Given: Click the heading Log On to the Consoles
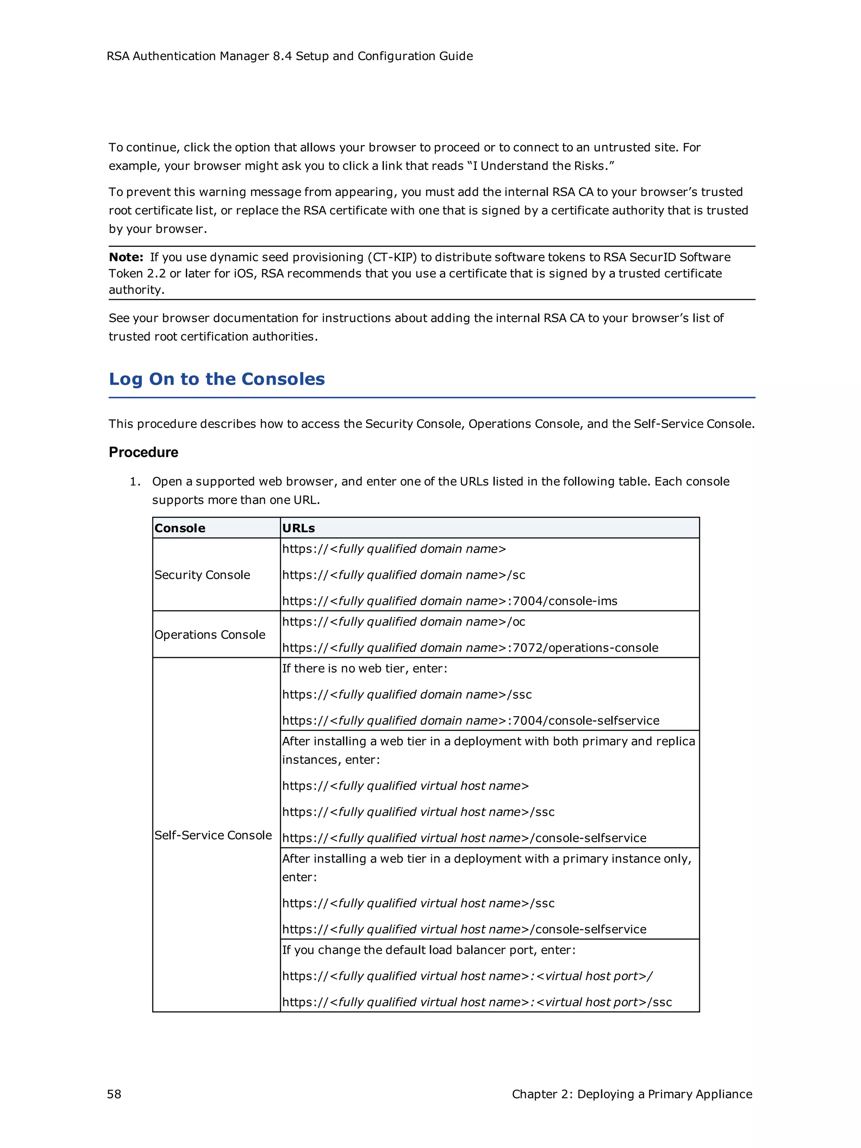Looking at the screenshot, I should point(217,380).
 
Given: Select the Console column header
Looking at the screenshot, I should point(180,528).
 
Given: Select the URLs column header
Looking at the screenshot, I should point(298,528).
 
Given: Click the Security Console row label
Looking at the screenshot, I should point(202,575).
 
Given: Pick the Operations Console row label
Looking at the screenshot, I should point(210,634).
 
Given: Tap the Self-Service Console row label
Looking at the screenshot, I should point(213,835).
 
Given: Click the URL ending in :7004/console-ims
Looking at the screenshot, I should point(449,601).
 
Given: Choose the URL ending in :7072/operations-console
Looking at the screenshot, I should point(470,648).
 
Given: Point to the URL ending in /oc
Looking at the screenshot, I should point(403,622).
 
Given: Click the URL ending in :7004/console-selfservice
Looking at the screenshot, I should point(470,720).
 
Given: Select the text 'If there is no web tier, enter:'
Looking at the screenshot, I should point(364,668).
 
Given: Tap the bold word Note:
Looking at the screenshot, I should point(126,257).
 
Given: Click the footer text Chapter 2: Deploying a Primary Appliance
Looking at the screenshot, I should point(631,1094).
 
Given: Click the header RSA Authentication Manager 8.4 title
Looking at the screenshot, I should point(289,56).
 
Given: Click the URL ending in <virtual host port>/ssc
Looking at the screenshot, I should point(476,1002).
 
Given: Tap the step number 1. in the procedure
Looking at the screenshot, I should point(135,482).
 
